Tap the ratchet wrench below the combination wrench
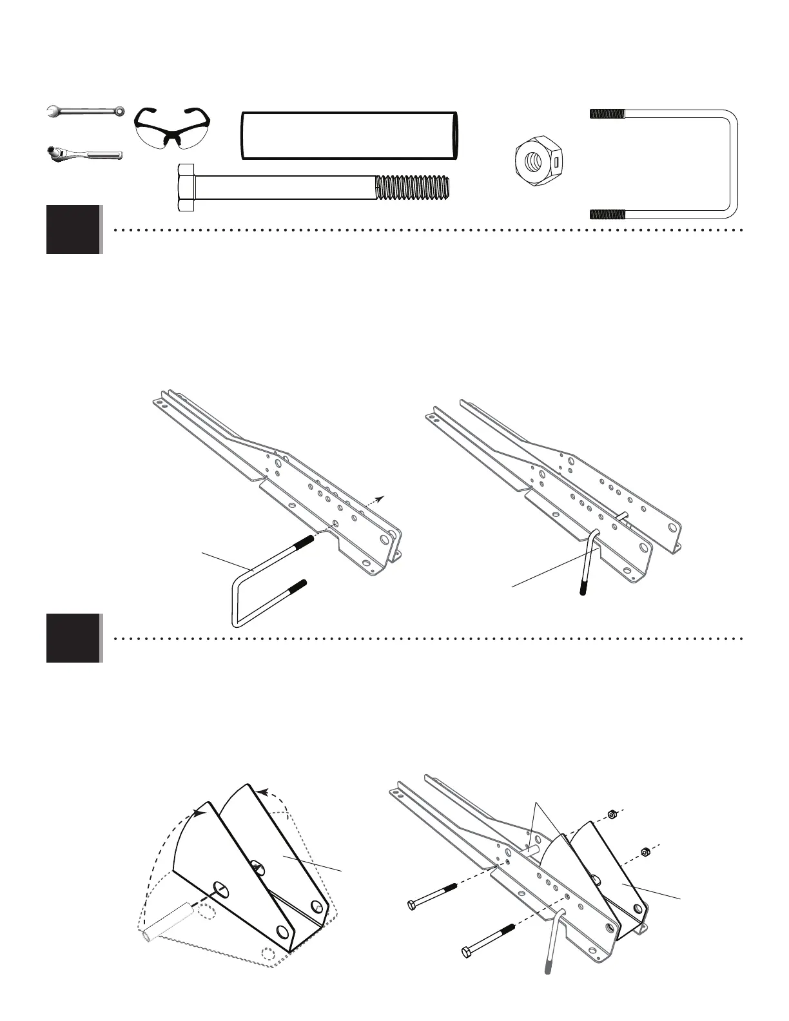(x=84, y=154)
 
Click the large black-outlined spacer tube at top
(x=350, y=135)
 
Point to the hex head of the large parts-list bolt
(x=186, y=188)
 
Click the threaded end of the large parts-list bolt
(x=413, y=188)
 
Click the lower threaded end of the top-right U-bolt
(x=607, y=214)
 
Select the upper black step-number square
(x=73, y=229)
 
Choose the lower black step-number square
(x=73, y=638)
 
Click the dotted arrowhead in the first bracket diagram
(x=382, y=498)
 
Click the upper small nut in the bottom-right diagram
(x=613, y=813)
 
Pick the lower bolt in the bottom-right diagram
(x=487, y=940)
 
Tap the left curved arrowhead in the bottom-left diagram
(x=202, y=814)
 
